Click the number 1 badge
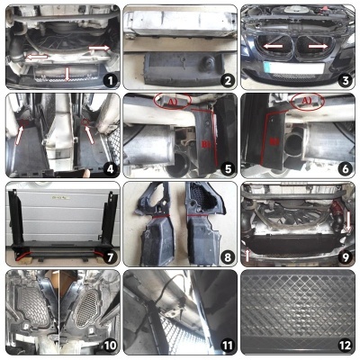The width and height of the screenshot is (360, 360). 108,78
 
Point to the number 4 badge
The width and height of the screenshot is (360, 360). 108,166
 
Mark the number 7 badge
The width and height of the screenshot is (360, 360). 108,255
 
